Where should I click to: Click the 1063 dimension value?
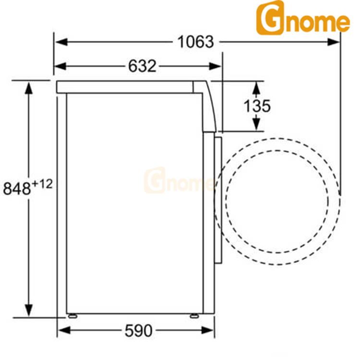(x=195, y=42)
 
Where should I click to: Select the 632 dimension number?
(x=142, y=66)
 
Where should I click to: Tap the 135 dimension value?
(x=256, y=106)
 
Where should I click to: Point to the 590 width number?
(x=138, y=331)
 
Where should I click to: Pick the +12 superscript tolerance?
(x=42, y=183)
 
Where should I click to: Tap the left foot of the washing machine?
(x=73, y=316)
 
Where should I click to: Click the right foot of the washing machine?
(x=194, y=316)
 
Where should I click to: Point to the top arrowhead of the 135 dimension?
(x=257, y=87)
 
